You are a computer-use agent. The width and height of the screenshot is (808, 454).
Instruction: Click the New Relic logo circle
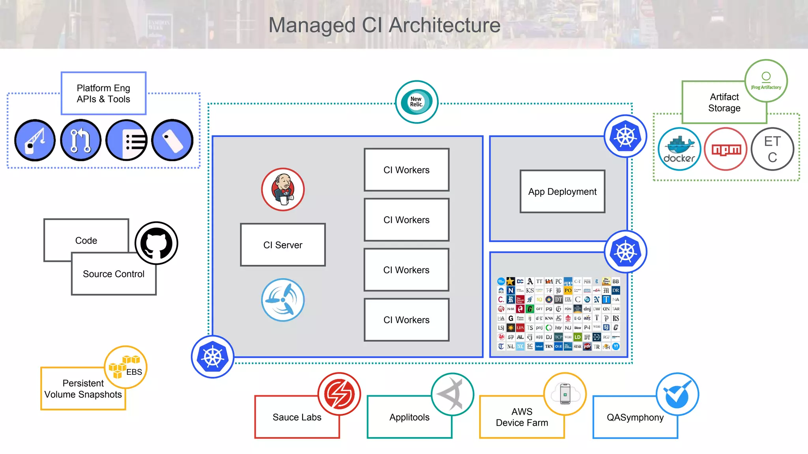tap(417, 102)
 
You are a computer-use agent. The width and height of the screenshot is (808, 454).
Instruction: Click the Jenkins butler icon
tap(283, 190)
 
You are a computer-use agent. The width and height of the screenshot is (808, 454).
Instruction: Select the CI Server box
tap(283, 245)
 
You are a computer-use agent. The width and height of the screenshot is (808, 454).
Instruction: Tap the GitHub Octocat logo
tap(157, 243)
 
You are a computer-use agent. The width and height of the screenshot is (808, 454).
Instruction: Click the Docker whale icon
tap(679, 149)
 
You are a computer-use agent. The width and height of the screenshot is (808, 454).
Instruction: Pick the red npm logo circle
tap(726, 149)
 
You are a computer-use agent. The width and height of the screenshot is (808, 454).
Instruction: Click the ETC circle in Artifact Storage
tap(772, 149)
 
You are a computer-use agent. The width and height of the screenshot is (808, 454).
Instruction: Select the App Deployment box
tap(562, 192)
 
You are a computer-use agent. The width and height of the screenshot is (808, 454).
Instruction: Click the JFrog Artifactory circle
tap(766, 80)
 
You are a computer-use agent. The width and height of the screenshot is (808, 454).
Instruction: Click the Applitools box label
tap(409, 417)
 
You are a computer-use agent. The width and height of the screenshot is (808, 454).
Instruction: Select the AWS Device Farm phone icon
tap(565, 394)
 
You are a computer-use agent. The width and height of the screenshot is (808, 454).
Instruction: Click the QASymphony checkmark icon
tap(677, 394)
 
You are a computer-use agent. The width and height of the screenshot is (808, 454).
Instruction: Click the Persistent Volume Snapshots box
tap(83, 389)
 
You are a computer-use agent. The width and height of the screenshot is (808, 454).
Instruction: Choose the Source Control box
tap(114, 274)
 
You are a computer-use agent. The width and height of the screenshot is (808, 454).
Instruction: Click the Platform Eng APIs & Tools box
tap(103, 93)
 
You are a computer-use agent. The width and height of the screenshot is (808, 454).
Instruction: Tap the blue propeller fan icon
tap(283, 300)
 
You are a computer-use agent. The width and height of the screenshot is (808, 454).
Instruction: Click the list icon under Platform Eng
tap(127, 140)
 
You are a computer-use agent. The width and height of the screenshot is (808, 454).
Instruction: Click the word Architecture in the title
tap(445, 25)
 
